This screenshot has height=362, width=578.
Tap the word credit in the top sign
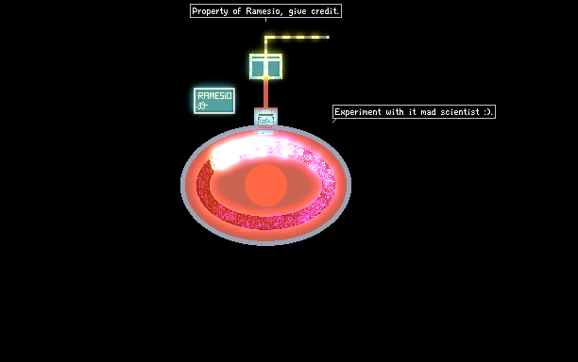coord(325,11)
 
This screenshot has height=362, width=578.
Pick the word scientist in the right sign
coord(460,112)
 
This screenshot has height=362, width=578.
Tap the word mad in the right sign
coord(429,112)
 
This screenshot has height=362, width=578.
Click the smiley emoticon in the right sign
coord(487,112)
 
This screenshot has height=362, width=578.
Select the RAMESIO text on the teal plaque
coord(214,95)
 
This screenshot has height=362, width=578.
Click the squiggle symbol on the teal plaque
coord(202,106)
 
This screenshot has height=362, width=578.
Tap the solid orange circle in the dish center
coord(265,185)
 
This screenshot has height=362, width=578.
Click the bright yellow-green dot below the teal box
coord(265,78)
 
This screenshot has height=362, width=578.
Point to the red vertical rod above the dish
coord(265,94)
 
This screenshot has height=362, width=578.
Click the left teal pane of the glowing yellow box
coord(258,68)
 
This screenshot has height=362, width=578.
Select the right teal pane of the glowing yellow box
coord(274,68)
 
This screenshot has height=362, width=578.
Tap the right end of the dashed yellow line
coord(328,37)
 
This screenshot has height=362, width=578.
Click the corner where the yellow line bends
coord(265,37)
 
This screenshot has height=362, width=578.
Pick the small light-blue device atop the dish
coord(265,121)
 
